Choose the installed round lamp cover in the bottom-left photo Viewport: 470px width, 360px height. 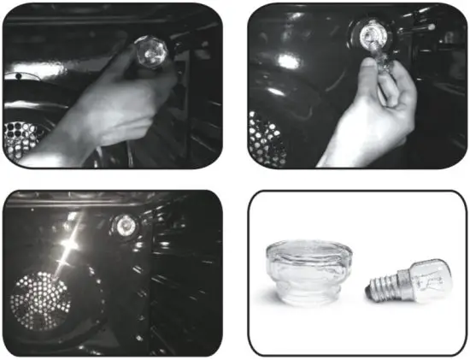126,226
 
